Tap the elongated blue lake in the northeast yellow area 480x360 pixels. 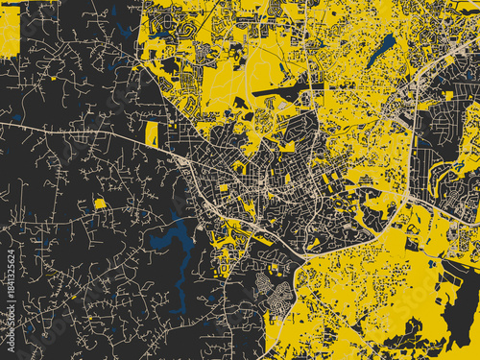coord(381,49)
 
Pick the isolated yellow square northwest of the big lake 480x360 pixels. coord(99,204)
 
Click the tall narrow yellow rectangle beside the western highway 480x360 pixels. coord(152,134)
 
